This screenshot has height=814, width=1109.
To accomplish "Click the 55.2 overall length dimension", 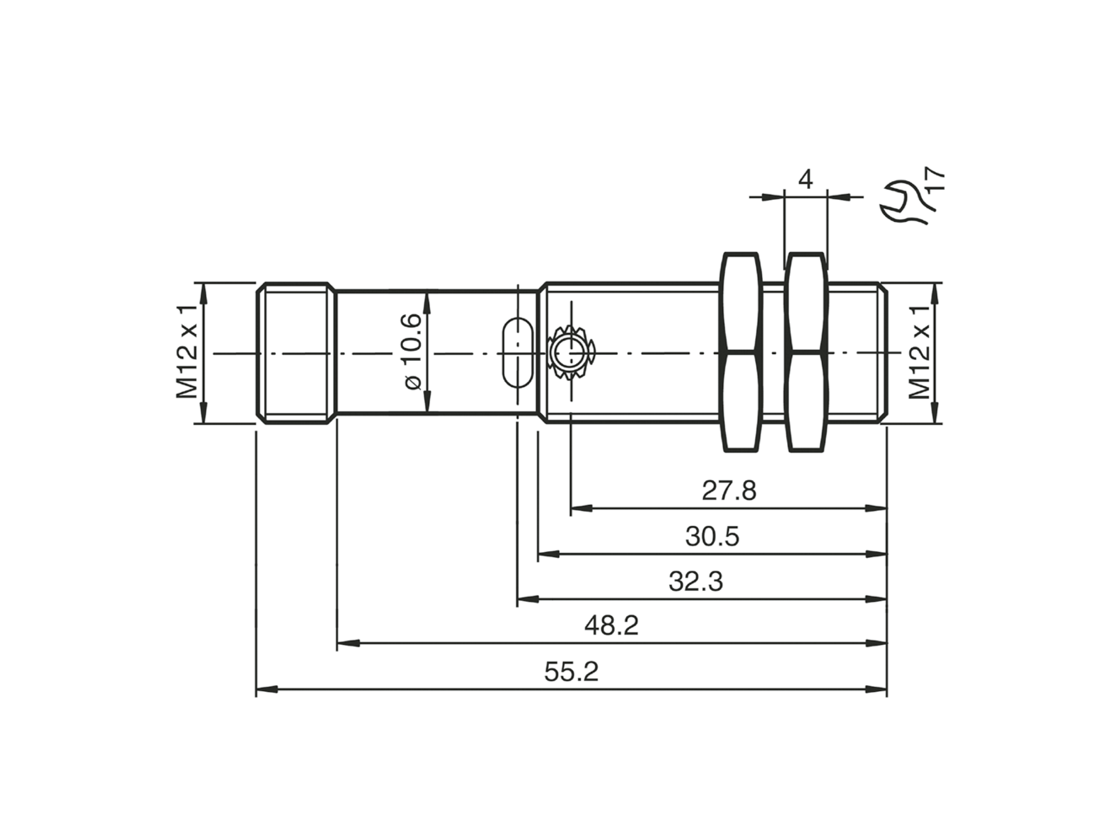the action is tap(571, 672).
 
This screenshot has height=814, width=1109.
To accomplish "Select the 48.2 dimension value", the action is tap(611, 626).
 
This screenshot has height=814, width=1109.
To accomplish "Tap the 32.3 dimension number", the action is tap(696, 581).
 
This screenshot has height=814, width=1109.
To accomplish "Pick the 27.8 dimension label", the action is tap(729, 491).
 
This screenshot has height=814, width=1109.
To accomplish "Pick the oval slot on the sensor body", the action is tap(517, 353).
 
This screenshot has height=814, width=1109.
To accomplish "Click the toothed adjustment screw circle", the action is tap(570, 353).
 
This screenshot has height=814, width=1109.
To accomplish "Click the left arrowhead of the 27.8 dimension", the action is tap(581, 508).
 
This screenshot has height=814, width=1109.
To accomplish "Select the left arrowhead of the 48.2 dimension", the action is tap(348, 643).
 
